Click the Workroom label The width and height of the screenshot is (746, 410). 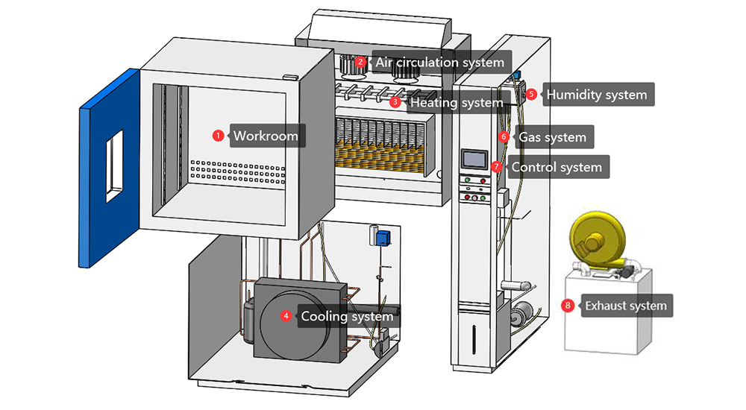click(266, 136)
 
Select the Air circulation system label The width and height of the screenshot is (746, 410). click(439, 62)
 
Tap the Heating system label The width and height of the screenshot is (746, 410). click(457, 102)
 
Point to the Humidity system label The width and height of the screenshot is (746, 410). click(596, 95)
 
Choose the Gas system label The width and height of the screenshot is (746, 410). click(552, 137)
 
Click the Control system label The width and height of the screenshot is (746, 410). click(556, 167)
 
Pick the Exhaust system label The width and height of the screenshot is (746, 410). click(625, 306)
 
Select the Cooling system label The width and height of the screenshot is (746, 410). click(346, 316)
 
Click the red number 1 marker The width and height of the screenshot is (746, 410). click(218, 136)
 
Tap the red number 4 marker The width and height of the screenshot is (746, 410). click(286, 316)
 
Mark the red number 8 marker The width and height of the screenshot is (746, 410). click(568, 306)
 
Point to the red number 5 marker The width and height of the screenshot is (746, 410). click(531, 95)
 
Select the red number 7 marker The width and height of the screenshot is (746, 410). click(497, 167)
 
